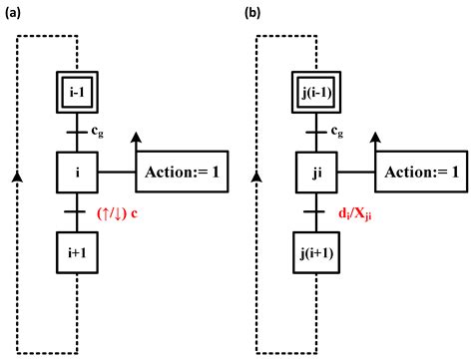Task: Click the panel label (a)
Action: coord(13,12)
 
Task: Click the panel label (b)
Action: coord(253,12)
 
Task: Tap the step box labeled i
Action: coord(77,173)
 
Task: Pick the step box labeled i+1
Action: coord(77,253)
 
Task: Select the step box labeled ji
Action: coord(316,173)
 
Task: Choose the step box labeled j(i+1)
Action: coord(316,253)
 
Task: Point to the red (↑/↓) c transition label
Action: coord(117,213)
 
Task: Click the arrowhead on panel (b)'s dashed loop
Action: coord(257,176)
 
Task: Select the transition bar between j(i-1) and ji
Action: coord(316,131)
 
